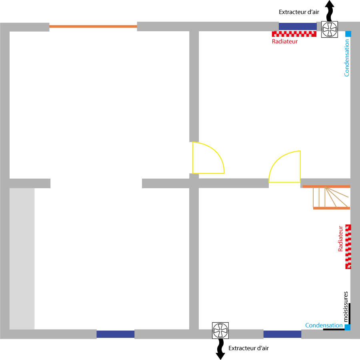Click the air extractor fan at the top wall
pyautogui.click(x=330, y=29)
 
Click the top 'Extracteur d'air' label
pyautogui.click(x=299, y=12)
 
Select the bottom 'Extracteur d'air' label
pyautogui.click(x=248, y=348)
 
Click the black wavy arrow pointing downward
pyautogui.click(x=220, y=349)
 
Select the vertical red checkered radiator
pyautogui.click(x=348, y=246)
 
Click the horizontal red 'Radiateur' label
pyautogui.click(x=285, y=41)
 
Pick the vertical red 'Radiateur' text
pyautogui.click(x=341, y=238)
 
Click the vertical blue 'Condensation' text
pyautogui.click(x=347, y=57)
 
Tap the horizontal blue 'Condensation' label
pyautogui.click(x=324, y=326)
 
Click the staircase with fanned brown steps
pyautogui.click(x=331, y=197)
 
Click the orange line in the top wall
pyautogui.click(x=93, y=26)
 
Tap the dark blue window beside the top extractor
pyautogui.click(x=298, y=26)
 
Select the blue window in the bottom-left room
pyautogui.click(x=115, y=334)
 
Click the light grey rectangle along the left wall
pyautogui.click(x=22, y=258)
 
